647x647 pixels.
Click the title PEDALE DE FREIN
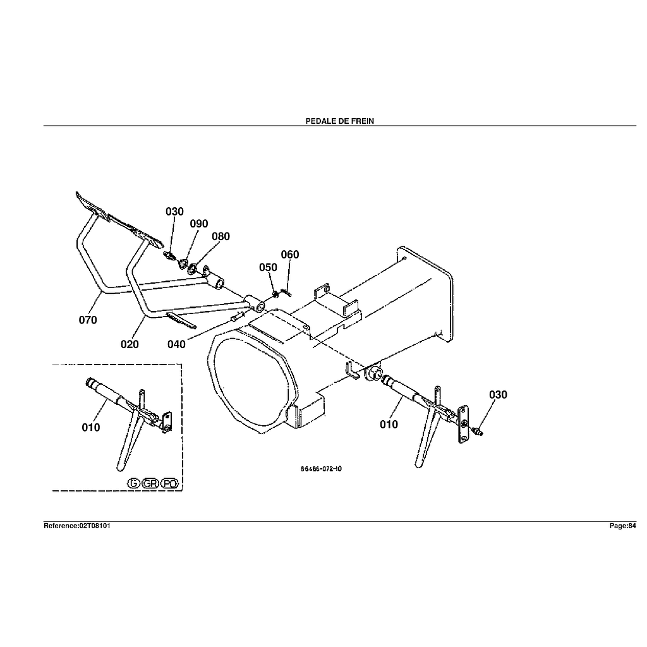(340, 121)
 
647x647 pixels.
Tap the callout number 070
(88, 320)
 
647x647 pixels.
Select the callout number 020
(130, 344)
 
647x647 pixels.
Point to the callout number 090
(198, 224)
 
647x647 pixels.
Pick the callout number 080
(221, 236)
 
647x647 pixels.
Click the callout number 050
(268, 267)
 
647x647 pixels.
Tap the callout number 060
(289, 255)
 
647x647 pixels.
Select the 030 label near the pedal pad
(174, 212)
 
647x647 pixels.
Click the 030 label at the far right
(498, 395)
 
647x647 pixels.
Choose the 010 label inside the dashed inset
(91, 427)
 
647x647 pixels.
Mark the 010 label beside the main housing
(389, 424)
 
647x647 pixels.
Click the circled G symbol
(133, 483)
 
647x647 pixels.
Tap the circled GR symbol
(150, 483)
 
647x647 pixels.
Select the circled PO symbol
(169, 483)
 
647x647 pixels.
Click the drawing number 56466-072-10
(322, 469)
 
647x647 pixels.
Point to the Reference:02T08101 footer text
(77, 526)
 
